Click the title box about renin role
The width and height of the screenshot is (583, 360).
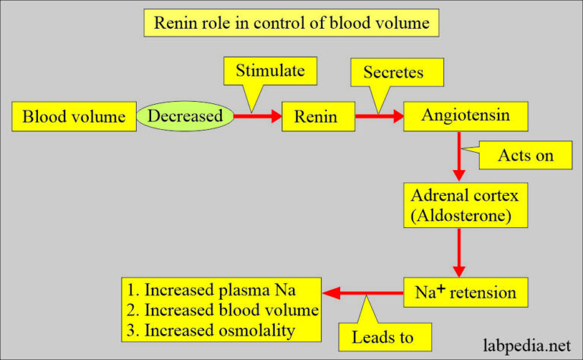point(291,23)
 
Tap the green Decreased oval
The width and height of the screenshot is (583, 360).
point(184,116)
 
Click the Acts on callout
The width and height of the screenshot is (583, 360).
point(525,156)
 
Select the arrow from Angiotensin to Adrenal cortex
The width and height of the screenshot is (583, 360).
point(458,156)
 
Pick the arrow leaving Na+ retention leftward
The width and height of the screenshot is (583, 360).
point(360,292)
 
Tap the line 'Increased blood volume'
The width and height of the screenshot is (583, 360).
point(219,311)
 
